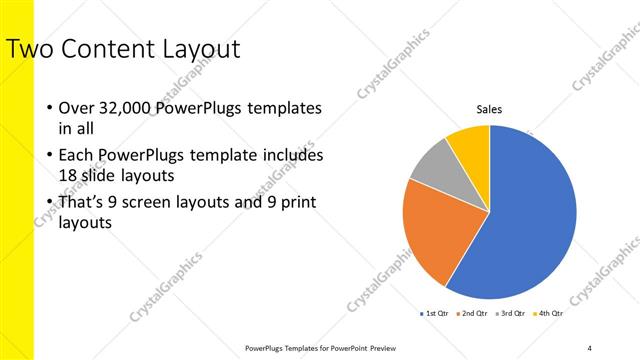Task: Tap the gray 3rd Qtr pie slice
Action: [x=432, y=164]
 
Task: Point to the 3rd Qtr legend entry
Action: [x=510, y=313]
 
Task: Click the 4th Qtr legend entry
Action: [x=548, y=313]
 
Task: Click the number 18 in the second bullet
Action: [x=67, y=175]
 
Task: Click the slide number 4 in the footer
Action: [x=590, y=348]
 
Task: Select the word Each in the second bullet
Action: [x=75, y=156]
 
